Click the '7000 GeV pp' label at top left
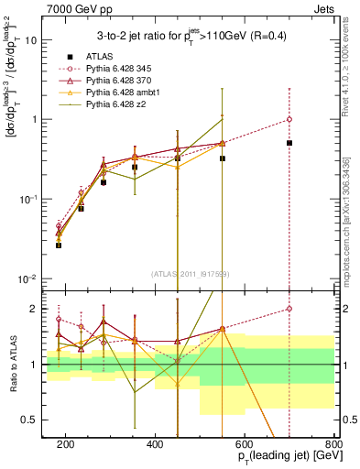click(x=73, y=8)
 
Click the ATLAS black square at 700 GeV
click(x=289, y=143)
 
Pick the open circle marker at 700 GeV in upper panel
click(x=289, y=119)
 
